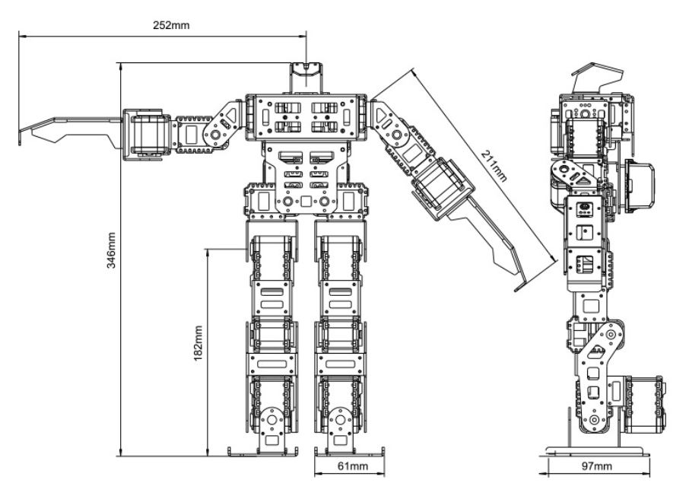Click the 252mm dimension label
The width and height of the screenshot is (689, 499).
(x=171, y=24)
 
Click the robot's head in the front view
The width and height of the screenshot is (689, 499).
(x=306, y=78)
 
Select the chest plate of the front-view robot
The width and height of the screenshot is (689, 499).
(x=306, y=117)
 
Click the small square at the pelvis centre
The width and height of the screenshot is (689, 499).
(x=306, y=202)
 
